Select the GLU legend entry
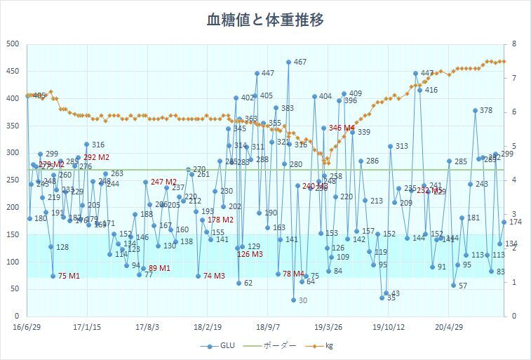[x=219, y=345]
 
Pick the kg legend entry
[x=328, y=345]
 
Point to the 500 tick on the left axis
[x=13, y=44]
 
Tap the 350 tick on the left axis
[x=13, y=125]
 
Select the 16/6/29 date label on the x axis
[x=27, y=327]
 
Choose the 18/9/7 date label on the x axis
[x=268, y=327]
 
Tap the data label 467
[x=300, y=62]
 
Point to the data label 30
[x=302, y=301]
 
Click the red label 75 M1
[x=69, y=276]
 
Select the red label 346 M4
[x=342, y=128]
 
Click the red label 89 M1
[x=159, y=268]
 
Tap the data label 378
[x=485, y=111]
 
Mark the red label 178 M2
[x=221, y=220]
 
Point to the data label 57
[x=462, y=286]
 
